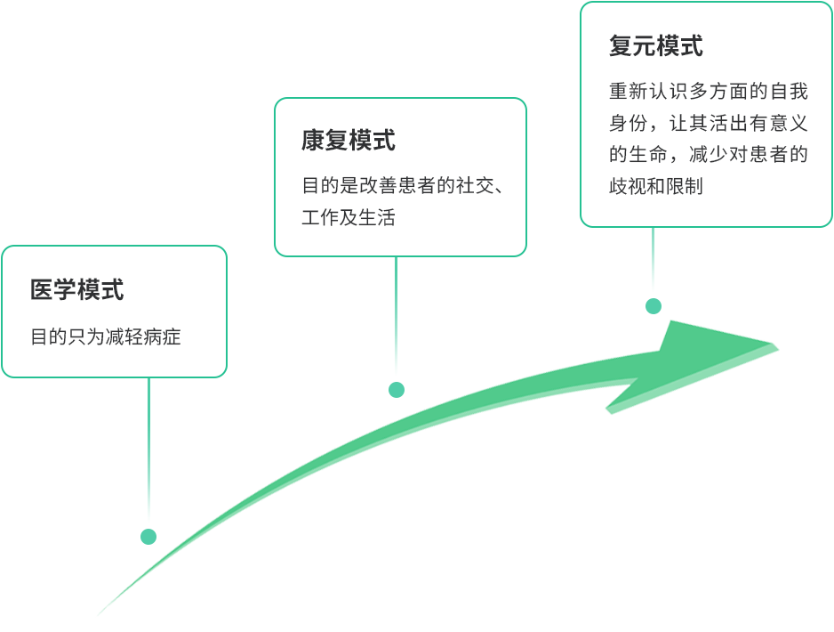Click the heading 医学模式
(x=77, y=289)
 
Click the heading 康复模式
(x=349, y=141)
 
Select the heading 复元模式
(x=656, y=45)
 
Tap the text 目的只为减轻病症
(x=106, y=337)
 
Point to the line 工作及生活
(x=349, y=217)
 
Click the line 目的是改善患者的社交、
(x=405, y=186)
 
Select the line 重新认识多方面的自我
(x=709, y=92)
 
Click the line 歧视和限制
(x=656, y=186)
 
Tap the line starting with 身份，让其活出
(x=709, y=123)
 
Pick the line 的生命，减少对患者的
(x=709, y=155)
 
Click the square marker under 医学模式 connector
(x=149, y=537)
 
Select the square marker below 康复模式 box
(x=397, y=390)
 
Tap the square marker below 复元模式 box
(x=654, y=306)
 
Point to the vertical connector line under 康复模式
(x=397, y=316)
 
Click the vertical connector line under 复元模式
(x=654, y=261)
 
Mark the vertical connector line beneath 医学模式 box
(x=148, y=454)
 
